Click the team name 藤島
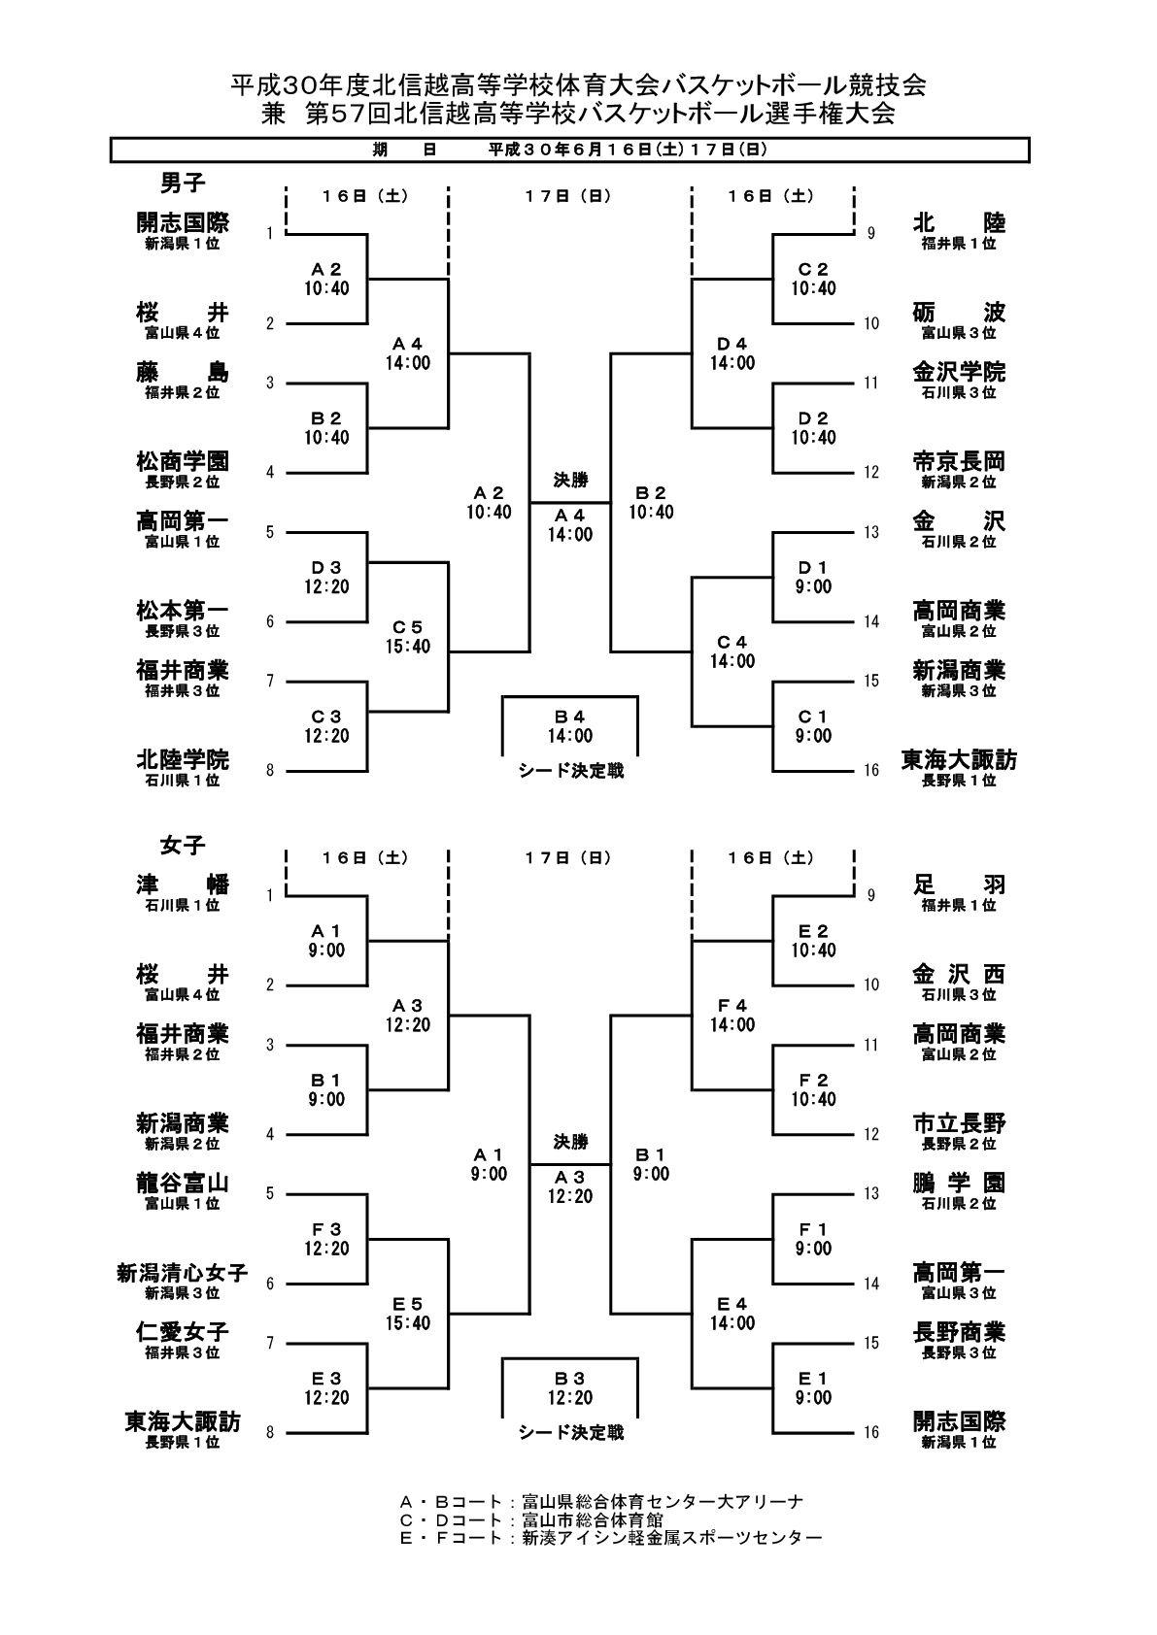tap(183, 372)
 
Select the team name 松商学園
tap(183, 461)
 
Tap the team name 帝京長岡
tap(959, 461)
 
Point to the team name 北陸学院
tap(183, 759)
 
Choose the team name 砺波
tap(959, 313)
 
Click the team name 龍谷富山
tap(183, 1183)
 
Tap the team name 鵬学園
tap(959, 1183)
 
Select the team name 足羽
tap(959, 884)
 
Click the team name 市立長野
tap(959, 1123)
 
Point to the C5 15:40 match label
tap(408, 637)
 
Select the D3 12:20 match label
tap(326, 577)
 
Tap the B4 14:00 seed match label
tap(569, 726)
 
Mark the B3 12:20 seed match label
tap(569, 1388)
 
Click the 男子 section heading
tap(183, 183)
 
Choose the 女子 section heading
tap(183, 845)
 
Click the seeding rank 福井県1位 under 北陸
tap(959, 244)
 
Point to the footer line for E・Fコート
tap(611, 1538)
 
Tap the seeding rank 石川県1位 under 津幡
tap(183, 905)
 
